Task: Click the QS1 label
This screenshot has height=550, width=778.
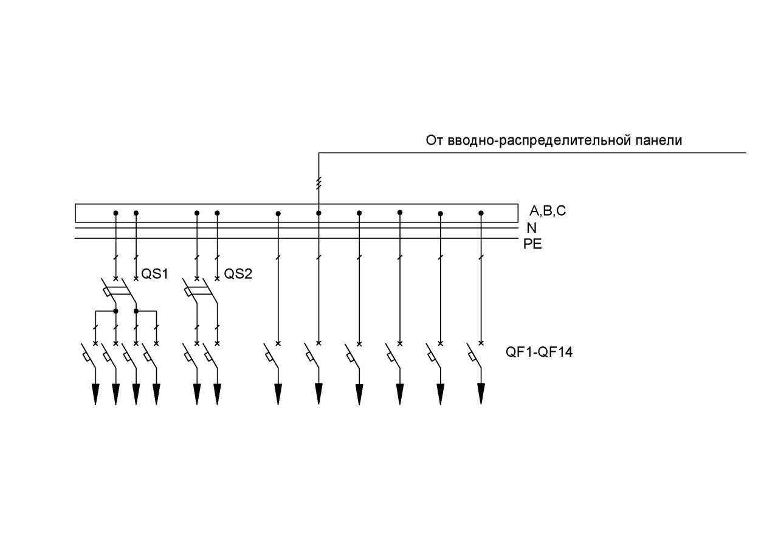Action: point(154,274)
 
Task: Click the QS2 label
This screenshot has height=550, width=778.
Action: point(238,274)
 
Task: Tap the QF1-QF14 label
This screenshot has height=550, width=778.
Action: point(539,352)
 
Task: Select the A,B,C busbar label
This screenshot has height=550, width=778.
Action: point(548,210)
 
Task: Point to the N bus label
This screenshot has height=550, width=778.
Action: point(532,228)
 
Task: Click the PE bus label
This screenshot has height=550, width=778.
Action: point(532,244)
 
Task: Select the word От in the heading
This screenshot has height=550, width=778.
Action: point(435,140)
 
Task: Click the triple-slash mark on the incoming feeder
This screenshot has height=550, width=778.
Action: point(319,183)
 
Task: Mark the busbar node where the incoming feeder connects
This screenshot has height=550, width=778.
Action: point(319,213)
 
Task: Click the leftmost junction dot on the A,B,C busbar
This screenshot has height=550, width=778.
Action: point(116,213)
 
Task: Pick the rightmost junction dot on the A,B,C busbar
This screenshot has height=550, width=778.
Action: point(481,213)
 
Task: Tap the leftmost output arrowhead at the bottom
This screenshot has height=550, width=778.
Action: point(95,394)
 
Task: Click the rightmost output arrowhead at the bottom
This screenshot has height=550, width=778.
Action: point(481,394)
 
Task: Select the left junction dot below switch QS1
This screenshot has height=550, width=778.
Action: point(116,311)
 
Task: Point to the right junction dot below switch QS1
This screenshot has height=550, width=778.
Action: point(136,311)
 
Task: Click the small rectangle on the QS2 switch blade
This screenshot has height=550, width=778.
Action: point(188,292)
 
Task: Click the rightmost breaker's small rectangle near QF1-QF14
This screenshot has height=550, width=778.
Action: point(472,357)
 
